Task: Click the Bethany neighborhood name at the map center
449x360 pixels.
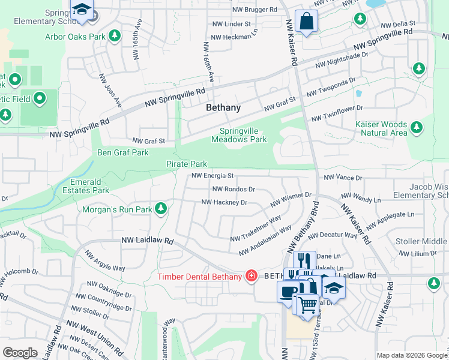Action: point(223,108)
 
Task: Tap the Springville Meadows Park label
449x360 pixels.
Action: point(239,135)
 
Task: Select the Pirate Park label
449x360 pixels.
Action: point(187,164)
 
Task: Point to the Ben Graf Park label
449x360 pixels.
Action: point(123,152)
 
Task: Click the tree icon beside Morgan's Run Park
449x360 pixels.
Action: point(160,209)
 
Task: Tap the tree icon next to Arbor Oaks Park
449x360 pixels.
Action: point(113,37)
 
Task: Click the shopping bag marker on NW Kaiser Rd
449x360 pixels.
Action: point(307,22)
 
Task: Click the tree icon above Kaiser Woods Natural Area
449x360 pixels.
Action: point(416,127)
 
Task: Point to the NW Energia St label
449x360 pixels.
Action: point(212,176)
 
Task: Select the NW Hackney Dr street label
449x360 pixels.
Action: point(224,203)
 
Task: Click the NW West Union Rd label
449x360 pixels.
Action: point(95,338)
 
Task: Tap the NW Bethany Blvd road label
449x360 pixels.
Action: point(303,227)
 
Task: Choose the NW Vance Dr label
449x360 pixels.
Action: point(343,178)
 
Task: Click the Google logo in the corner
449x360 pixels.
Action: point(20,353)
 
